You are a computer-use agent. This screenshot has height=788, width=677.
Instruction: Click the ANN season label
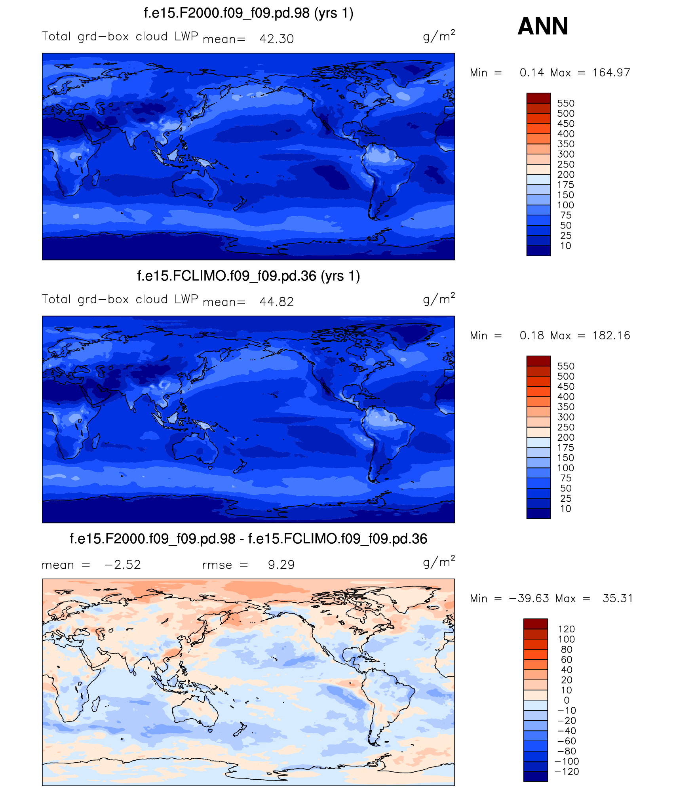542,26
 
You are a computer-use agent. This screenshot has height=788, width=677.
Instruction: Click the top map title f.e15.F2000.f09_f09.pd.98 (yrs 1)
248,13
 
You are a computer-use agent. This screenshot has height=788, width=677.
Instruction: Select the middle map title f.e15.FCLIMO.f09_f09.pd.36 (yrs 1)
248,276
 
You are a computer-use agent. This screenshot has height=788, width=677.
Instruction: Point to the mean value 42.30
276,39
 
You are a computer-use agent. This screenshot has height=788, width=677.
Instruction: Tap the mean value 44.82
276,302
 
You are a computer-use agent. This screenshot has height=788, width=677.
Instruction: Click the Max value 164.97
611,73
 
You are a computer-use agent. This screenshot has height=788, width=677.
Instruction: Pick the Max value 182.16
611,336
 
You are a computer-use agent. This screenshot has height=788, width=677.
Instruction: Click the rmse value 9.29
281,565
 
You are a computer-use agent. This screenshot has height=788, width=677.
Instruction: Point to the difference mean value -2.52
122,565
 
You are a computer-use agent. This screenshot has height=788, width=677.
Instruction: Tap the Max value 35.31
617,598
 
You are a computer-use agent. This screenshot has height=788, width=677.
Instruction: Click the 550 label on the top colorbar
565,103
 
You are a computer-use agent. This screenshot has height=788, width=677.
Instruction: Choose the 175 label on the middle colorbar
565,448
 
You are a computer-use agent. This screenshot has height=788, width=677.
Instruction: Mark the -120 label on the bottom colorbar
567,771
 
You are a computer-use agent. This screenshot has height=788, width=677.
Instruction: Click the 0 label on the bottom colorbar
567,700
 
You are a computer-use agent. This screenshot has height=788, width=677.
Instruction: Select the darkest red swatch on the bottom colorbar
535,624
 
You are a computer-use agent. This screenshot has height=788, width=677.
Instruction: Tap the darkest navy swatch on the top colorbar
538,251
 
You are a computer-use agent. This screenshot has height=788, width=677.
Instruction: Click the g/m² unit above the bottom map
439,562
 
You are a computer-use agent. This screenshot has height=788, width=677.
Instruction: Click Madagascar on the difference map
95,704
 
